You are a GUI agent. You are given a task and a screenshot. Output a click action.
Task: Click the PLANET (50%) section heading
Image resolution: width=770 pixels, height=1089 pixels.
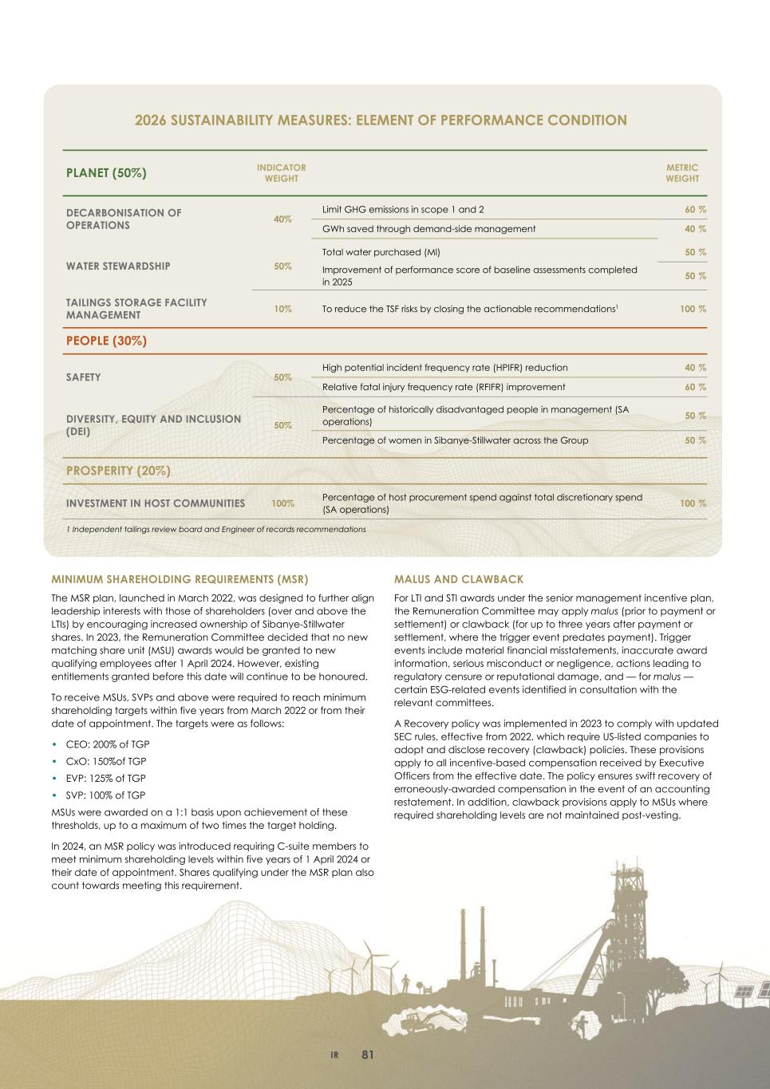point(106,172)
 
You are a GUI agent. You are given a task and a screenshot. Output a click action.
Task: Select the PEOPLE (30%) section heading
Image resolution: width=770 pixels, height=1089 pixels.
point(106,341)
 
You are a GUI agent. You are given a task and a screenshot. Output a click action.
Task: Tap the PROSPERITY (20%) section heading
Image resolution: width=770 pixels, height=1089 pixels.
point(118,471)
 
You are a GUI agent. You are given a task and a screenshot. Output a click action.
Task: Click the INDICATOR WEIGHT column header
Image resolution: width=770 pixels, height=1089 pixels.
point(281,173)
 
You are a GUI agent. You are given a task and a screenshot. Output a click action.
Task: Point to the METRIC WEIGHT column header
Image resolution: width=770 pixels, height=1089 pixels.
point(681,173)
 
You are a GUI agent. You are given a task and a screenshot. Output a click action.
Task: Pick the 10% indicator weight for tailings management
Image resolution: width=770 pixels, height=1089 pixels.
point(282,309)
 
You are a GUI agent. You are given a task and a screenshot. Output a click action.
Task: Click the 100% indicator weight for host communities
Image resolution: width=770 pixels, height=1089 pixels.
point(282,503)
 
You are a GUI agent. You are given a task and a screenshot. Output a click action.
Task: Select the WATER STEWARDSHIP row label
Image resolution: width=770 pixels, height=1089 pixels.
point(118,266)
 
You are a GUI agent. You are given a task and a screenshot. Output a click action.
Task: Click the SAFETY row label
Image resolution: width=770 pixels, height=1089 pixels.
point(83,377)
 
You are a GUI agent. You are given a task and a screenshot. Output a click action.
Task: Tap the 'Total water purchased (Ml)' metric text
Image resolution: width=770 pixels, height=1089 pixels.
point(381,252)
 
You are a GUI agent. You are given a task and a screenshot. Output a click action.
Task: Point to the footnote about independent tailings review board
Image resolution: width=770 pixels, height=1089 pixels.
point(215,529)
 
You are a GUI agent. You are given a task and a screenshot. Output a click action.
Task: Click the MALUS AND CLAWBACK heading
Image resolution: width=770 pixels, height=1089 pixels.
point(459,579)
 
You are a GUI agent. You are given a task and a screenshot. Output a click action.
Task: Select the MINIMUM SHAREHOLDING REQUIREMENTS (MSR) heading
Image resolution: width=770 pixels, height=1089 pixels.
point(180,579)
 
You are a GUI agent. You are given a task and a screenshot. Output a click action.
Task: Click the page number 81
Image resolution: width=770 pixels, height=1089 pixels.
point(367,1055)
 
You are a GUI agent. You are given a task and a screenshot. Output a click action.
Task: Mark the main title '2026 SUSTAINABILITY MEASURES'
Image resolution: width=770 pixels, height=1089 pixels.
point(381,120)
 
